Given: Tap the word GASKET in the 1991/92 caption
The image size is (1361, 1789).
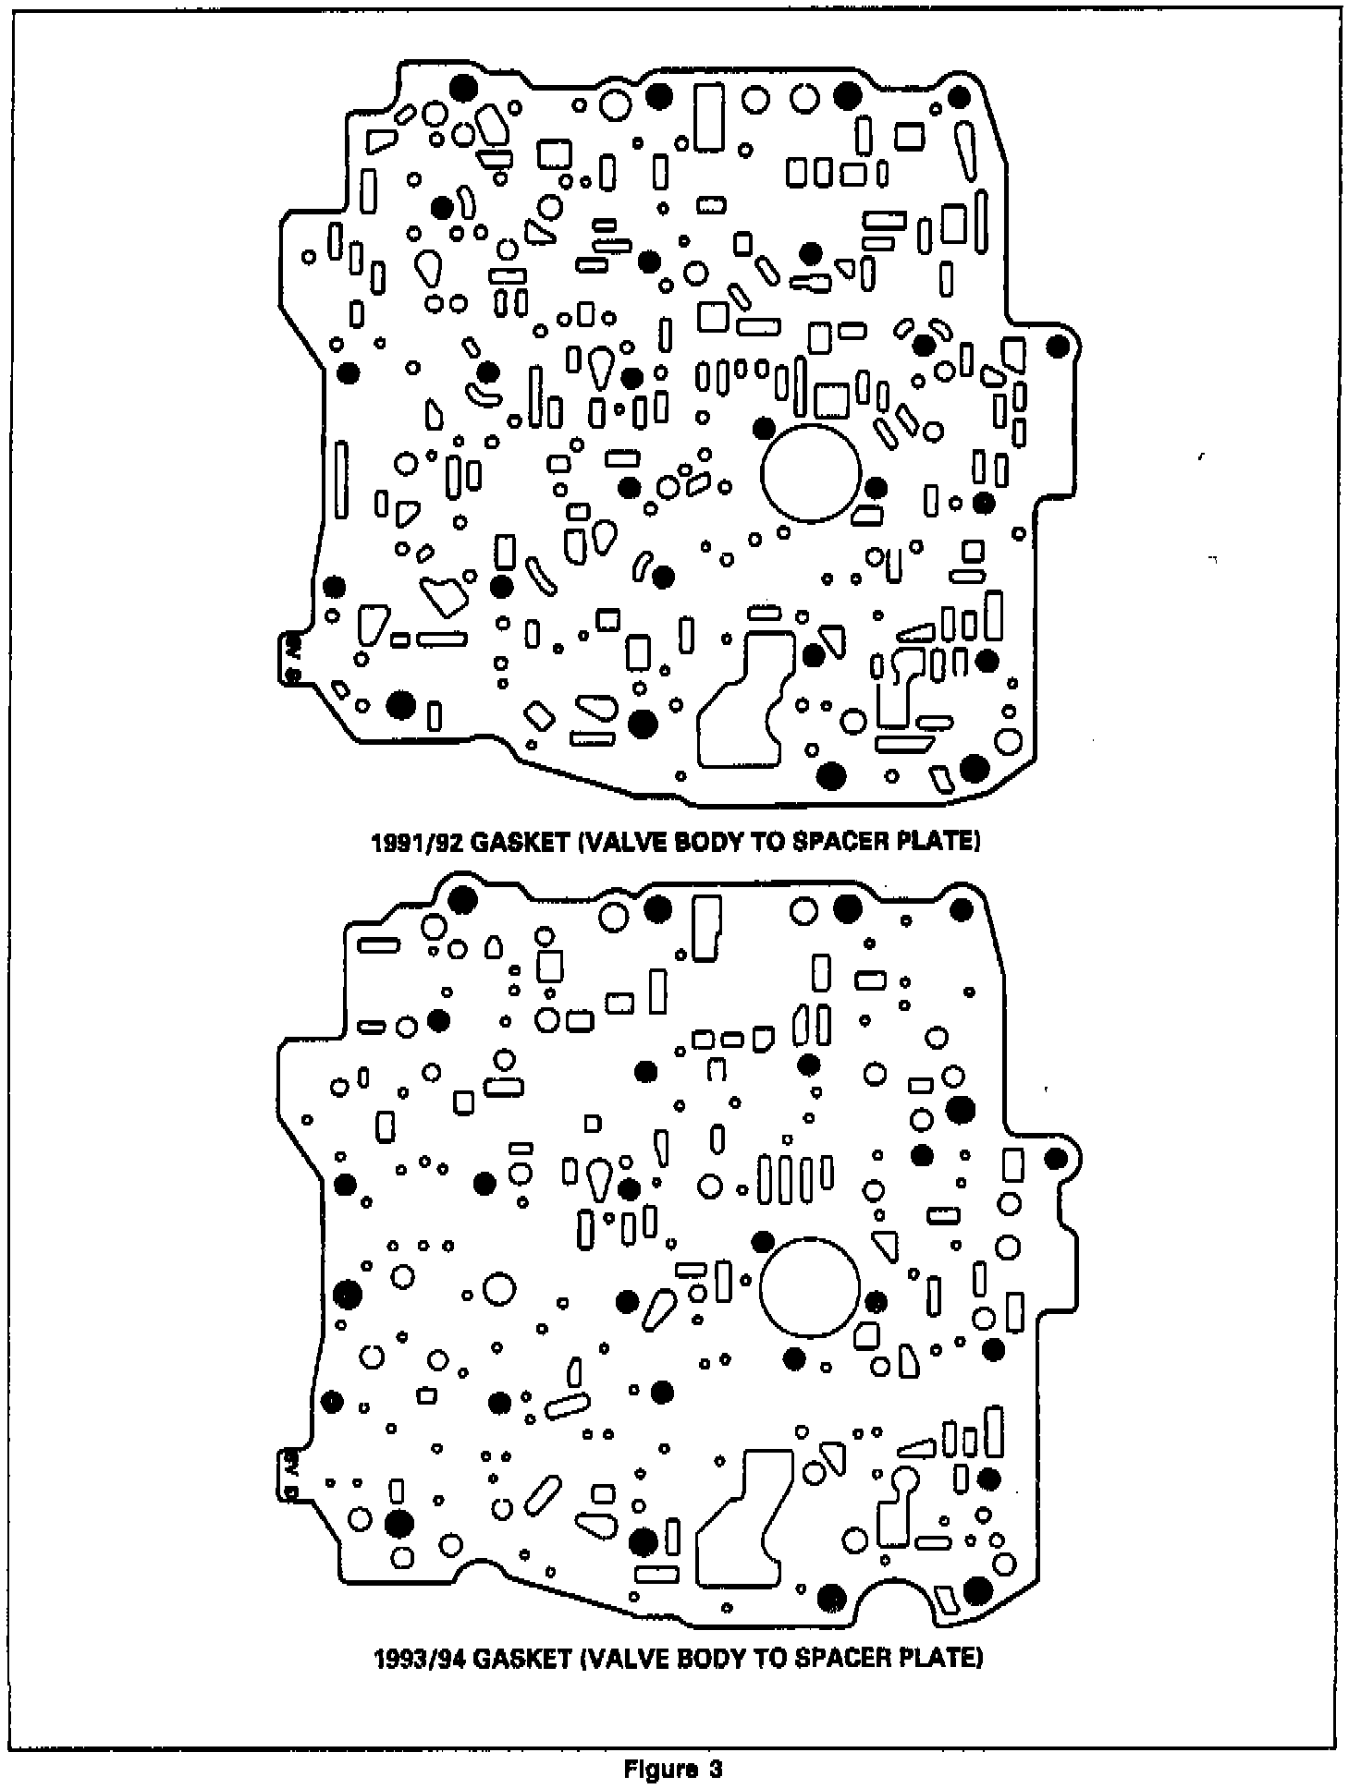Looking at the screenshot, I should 514,843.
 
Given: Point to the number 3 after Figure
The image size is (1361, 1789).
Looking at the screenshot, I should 715,1770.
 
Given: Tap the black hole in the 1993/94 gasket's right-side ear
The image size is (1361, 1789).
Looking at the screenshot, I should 1056,1159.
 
